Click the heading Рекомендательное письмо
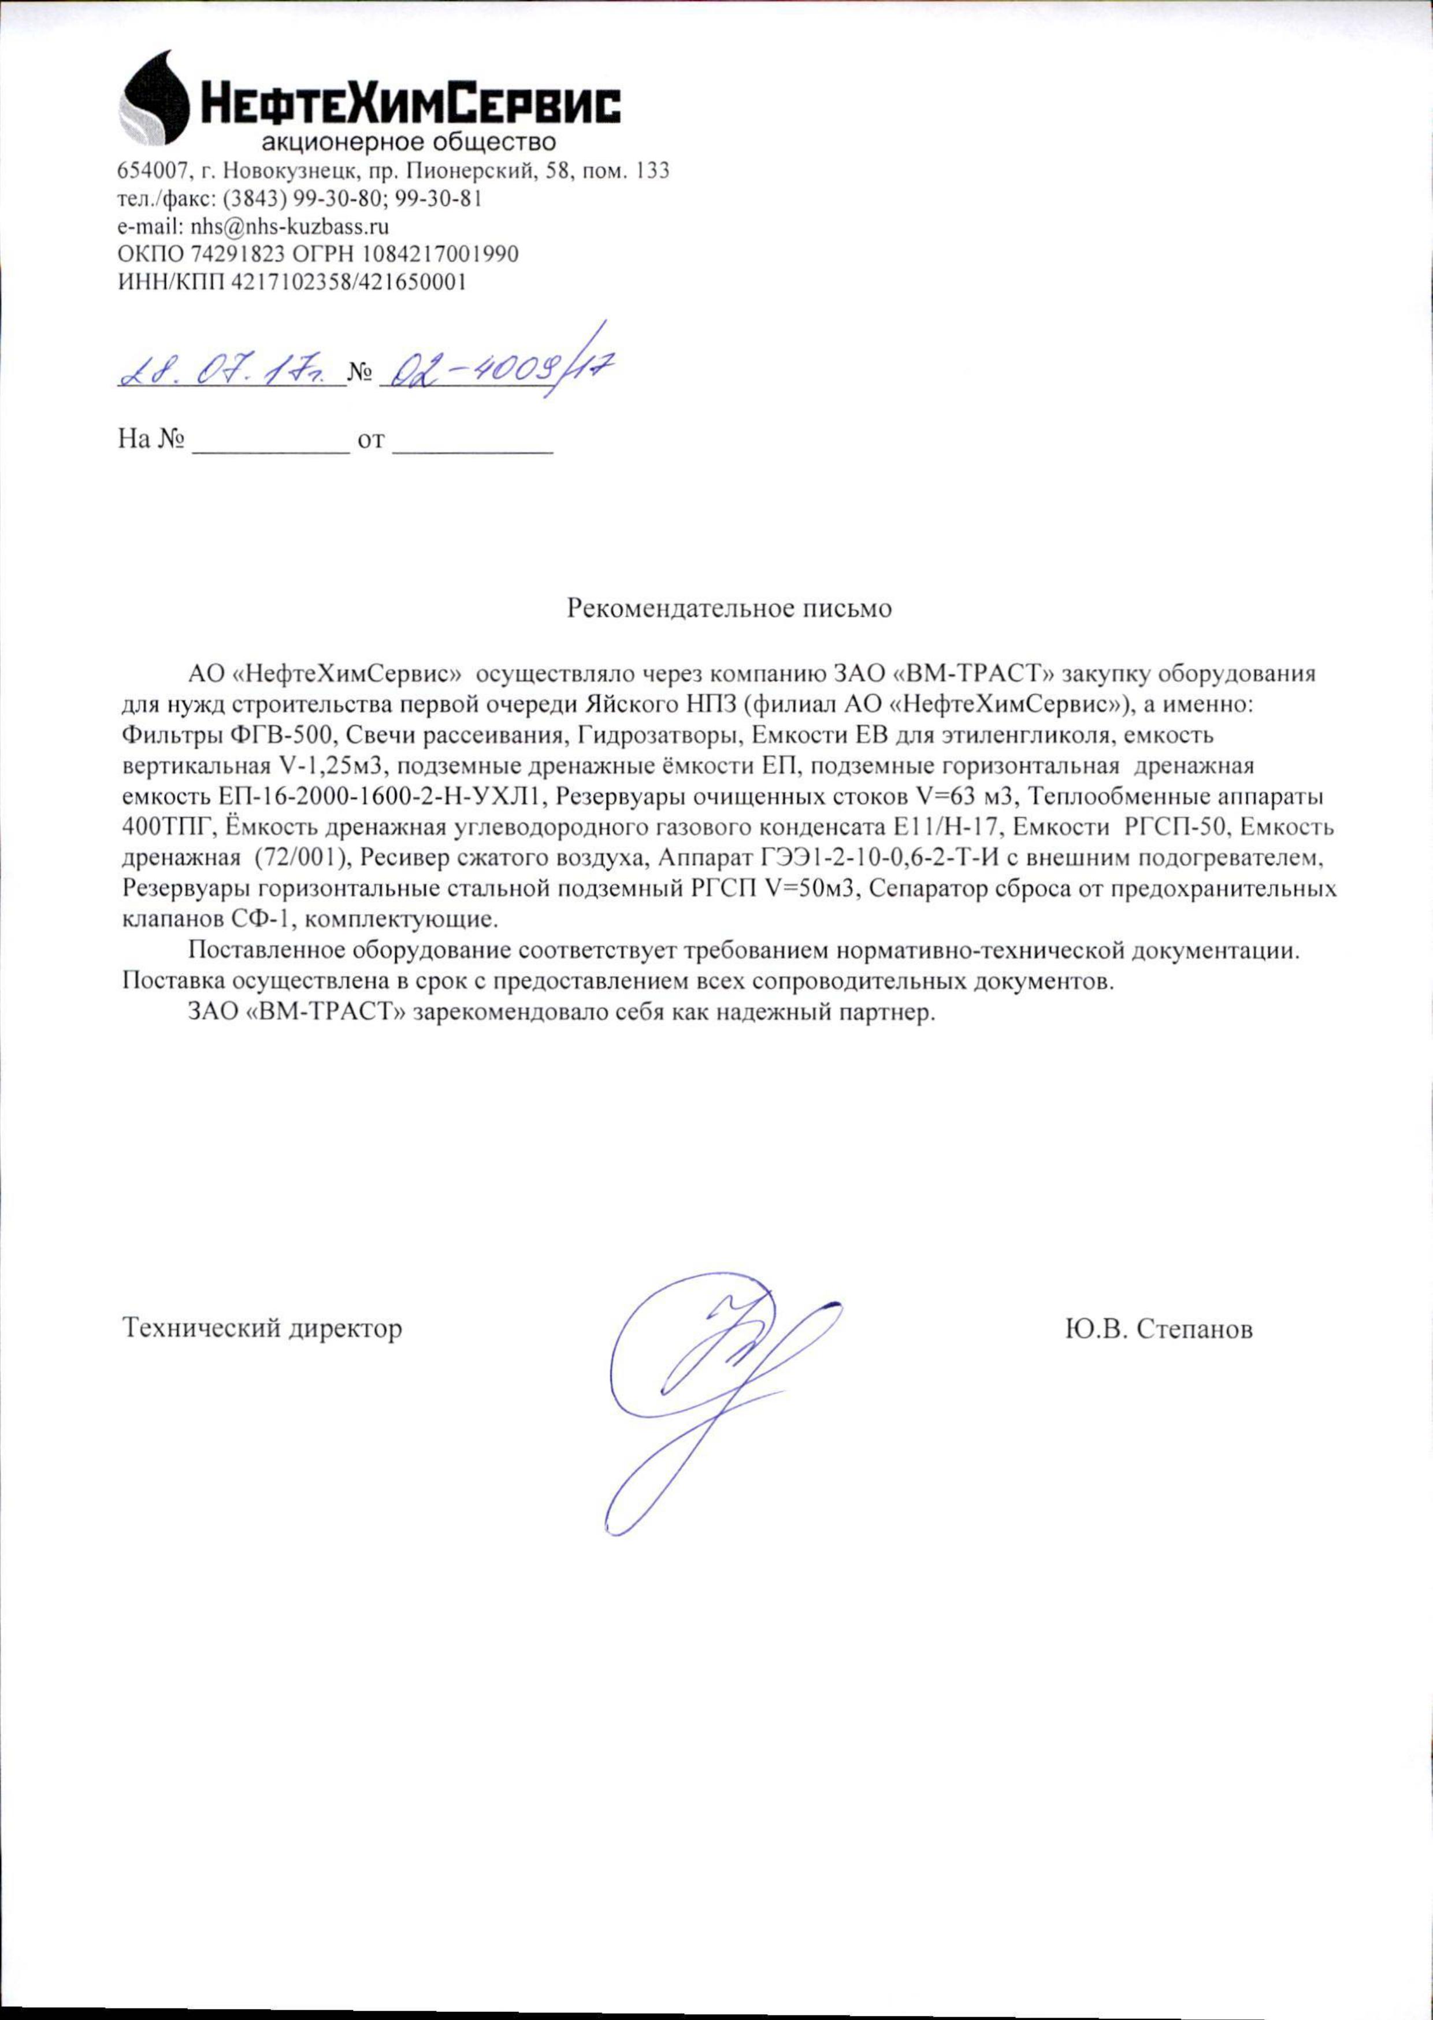click(729, 609)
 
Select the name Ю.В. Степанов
click(1159, 1329)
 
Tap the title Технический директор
click(262, 1328)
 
